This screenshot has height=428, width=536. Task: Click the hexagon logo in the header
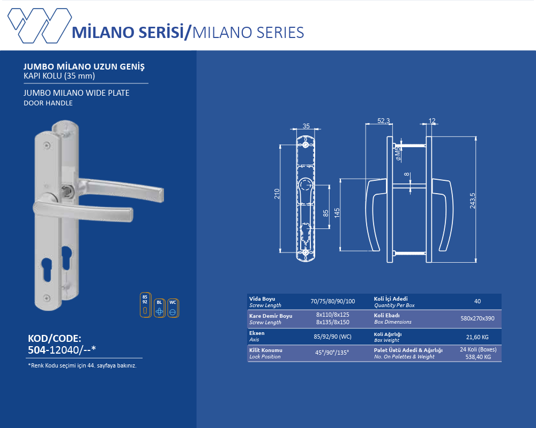(40, 26)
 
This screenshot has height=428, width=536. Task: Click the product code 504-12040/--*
(62, 350)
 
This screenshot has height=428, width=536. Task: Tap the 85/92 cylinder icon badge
(145, 305)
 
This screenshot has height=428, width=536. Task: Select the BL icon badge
(159, 308)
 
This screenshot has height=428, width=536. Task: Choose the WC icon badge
(173, 308)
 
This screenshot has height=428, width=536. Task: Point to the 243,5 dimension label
(472, 200)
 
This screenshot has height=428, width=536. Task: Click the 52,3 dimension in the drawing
(384, 121)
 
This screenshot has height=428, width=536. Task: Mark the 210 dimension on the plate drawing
(277, 194)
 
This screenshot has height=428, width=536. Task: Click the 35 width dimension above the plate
(306, 126)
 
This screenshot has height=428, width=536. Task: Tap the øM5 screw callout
(398, 154)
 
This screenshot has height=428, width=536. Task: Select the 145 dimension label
(337, 213)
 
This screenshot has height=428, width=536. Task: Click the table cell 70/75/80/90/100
(333, 301)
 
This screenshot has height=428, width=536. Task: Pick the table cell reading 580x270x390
(477, 318)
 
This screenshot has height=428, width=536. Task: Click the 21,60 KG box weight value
(477, 337)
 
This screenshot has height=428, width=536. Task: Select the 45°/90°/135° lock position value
(332, 353)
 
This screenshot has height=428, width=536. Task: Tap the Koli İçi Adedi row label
(391, 299)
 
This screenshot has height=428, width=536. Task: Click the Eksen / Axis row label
(257, 336)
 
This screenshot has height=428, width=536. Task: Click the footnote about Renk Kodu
(82, 365)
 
